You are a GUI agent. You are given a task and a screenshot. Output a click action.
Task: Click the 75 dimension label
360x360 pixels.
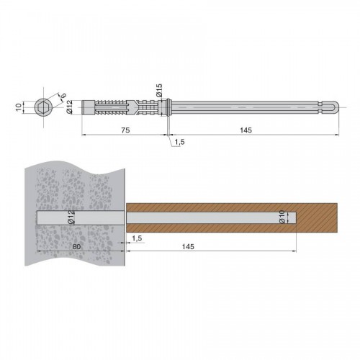click(125, 130)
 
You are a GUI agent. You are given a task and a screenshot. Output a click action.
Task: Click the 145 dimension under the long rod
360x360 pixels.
click(246, 130)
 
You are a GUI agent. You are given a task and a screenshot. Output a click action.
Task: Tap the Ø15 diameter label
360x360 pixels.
click(159, 90)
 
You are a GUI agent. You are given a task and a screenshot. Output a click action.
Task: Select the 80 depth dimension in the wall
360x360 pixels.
click(76, 246)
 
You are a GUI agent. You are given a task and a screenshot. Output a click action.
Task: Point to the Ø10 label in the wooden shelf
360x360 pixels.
click(282, 217)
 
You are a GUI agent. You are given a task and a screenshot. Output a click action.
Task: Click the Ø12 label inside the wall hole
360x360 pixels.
click(71, 217)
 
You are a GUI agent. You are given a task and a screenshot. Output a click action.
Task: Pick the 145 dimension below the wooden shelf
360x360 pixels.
click(188, 246)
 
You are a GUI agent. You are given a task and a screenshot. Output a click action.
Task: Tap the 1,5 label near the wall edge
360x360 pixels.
click(137, 238)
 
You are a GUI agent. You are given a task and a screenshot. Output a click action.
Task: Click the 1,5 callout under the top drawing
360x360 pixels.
click(179, 142)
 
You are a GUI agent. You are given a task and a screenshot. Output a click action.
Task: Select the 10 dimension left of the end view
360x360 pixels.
click(19, 107)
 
